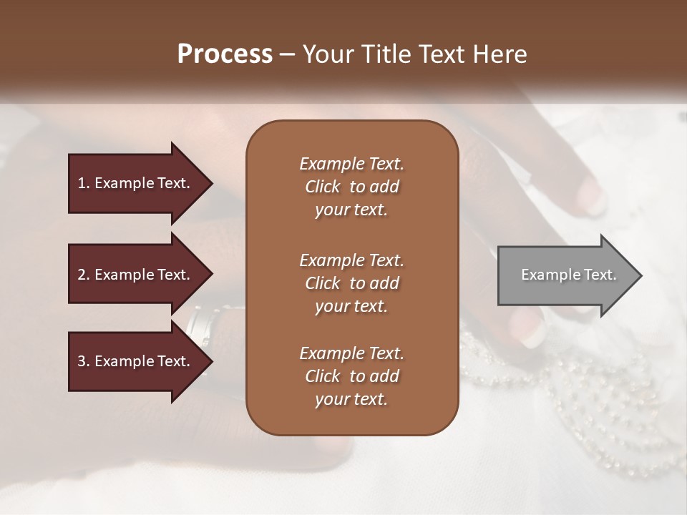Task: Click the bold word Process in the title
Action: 225,54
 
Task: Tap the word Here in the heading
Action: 500,54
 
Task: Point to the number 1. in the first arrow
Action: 84,183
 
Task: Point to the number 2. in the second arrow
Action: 84,275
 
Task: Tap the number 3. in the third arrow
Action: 84,361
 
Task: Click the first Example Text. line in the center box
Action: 351,164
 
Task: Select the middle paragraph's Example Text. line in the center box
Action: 351,260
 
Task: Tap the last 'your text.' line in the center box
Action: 351,400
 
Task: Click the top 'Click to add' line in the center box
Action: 351,187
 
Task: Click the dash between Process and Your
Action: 287,54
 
